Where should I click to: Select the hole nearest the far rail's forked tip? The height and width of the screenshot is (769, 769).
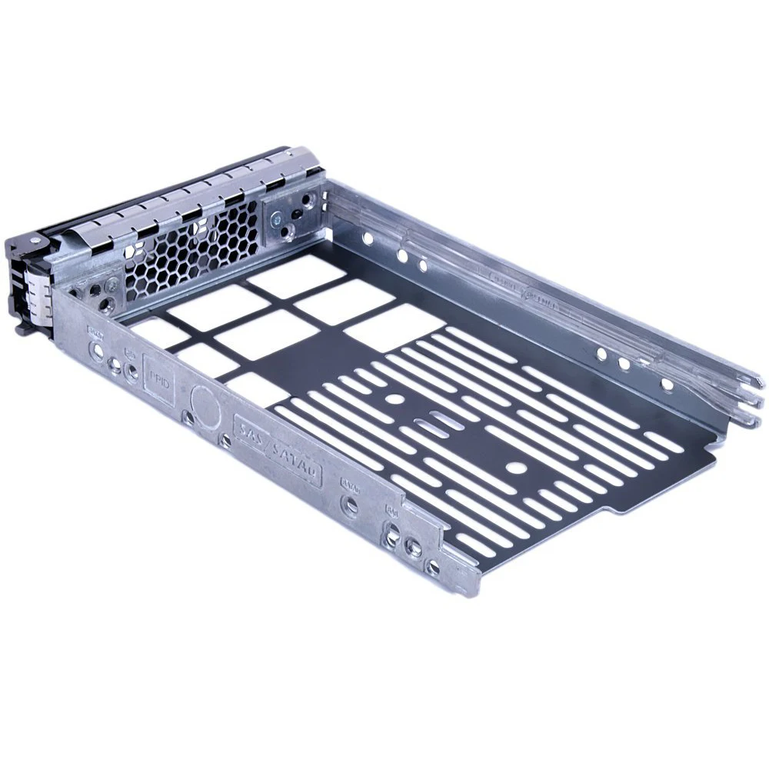pos(667,384)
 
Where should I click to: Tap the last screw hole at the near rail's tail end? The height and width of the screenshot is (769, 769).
pos(434,568)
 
